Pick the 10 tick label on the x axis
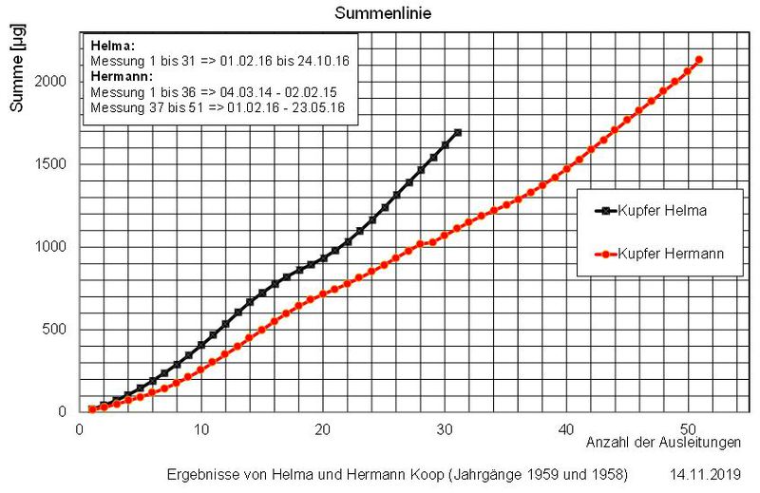[x=201, y=428]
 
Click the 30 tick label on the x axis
[x=446, y=428]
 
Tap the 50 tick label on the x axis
[x=689, y=428]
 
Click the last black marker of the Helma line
[x=458, y=132]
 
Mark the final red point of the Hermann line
[x=699, y=60]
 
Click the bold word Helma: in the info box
[x=111, y=46]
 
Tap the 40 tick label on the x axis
[x=567, y=428]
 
